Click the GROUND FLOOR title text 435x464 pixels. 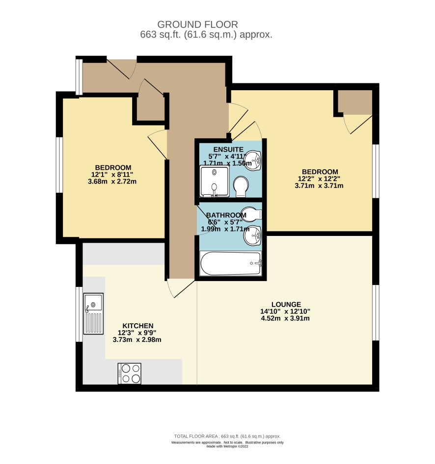point(197,25)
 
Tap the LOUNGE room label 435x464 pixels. point(286,305)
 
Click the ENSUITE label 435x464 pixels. point(228,150)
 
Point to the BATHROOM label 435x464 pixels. point(226,215)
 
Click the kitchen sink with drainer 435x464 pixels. point(93,314)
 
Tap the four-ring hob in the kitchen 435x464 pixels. point(130,373)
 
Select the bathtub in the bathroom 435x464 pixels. point(231,263)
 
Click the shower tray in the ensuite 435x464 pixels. point(215,181)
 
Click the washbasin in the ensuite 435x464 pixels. point(253,160)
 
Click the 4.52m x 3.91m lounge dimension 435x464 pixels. point(285,318)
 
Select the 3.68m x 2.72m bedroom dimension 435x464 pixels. point(112,181)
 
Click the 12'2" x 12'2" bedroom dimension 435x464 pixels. point(319,179)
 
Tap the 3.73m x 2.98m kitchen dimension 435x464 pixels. point(137,340)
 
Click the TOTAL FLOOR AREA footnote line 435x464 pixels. point(227,436)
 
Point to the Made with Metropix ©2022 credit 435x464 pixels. point(227,446)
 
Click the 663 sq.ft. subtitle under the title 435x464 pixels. point(206,35)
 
